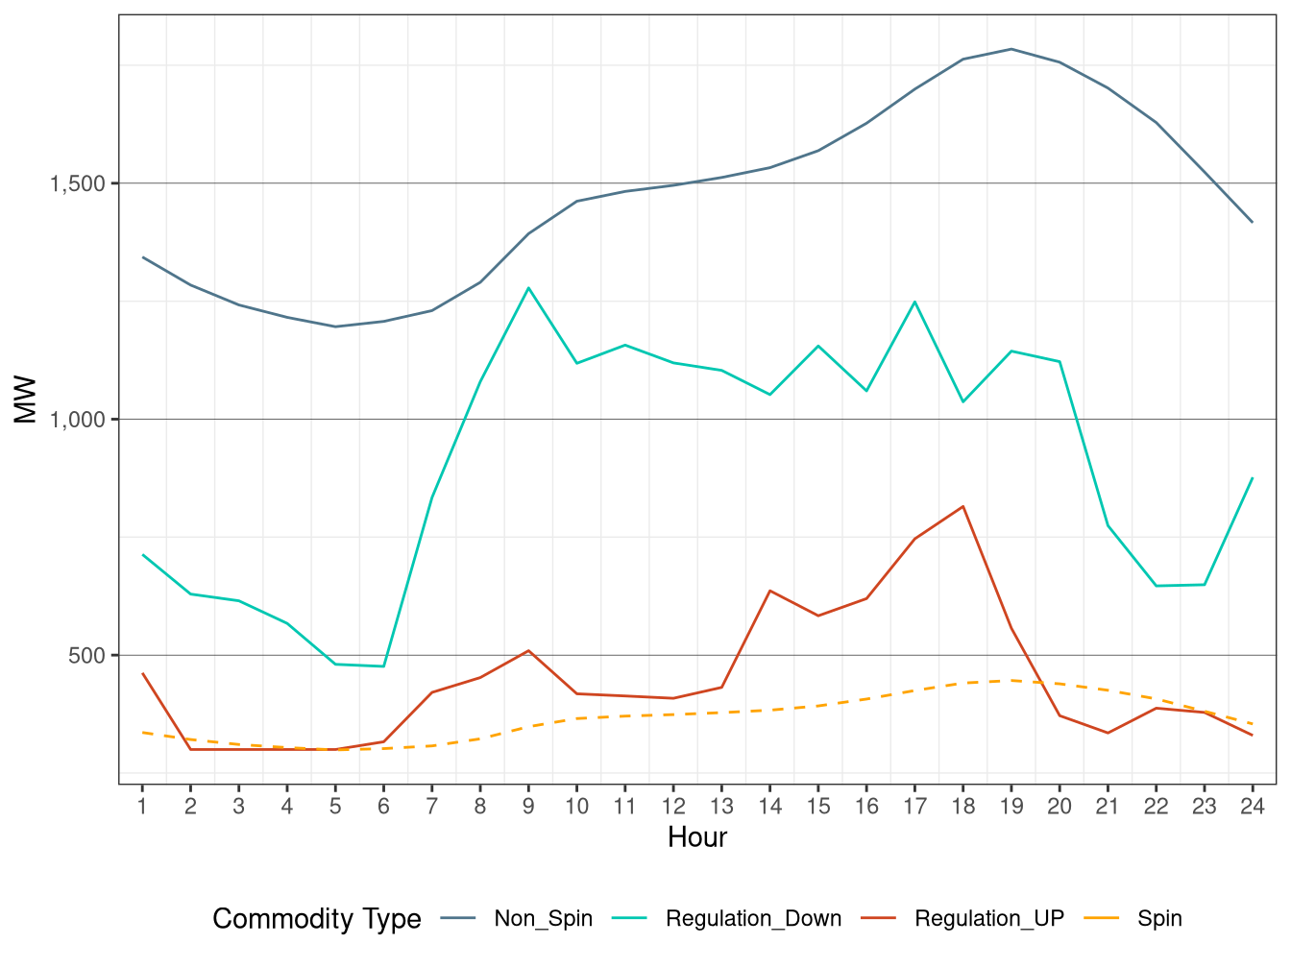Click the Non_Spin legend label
543,919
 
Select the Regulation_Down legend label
753,919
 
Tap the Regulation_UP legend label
988,919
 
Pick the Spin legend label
1159,919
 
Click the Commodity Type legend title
316,919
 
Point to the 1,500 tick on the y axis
78,183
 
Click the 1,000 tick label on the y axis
78,420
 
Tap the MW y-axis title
25,399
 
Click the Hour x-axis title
697,837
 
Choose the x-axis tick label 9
528,807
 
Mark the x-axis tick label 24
1252,807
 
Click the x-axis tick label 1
142,807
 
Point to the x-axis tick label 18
962,807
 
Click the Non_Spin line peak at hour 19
1011,49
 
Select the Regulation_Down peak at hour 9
528,288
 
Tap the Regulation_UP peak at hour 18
962,506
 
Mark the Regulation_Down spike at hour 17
914,302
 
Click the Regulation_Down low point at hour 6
383,666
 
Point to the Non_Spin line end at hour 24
1252,222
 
